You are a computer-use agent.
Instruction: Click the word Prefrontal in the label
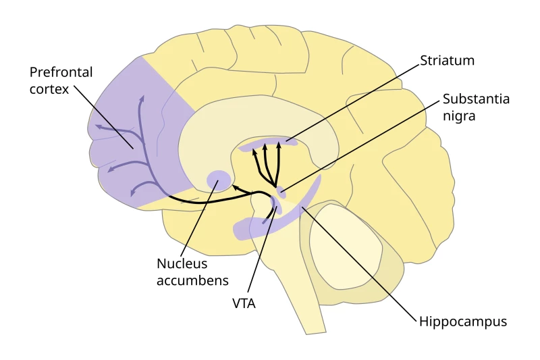(61, 72)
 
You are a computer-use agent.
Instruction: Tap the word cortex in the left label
(49, 89)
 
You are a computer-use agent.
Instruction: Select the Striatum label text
(447, 61)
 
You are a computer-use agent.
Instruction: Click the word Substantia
(476, 99)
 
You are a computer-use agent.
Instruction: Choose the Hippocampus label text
(462, 322)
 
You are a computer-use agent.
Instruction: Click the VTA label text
(243, 304)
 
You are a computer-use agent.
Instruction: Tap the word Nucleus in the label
(182, 263)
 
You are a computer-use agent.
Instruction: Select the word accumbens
(192, 280)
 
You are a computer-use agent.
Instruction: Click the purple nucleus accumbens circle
(219, 180)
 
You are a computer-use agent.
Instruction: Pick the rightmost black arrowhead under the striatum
(279, 145)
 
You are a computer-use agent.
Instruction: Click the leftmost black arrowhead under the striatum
(254, 153)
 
